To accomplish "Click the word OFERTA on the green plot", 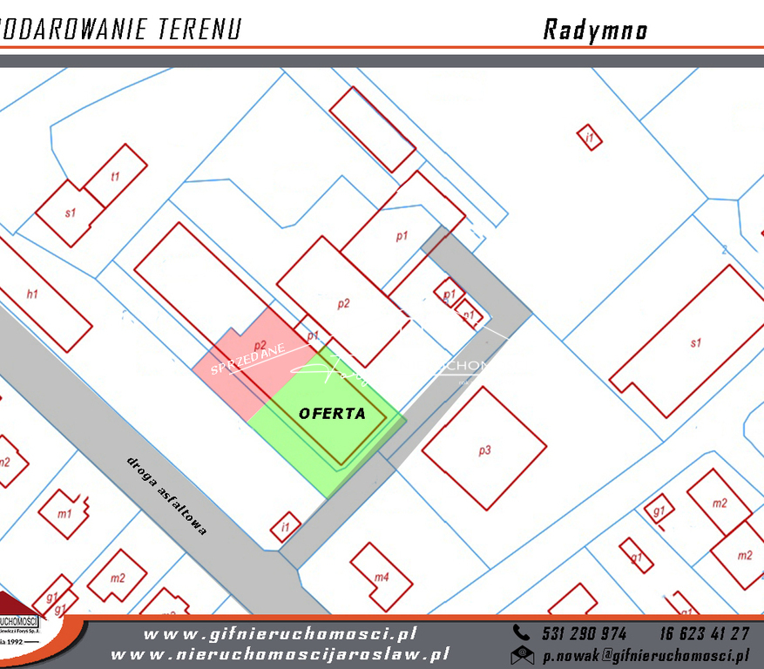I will pos(332,414).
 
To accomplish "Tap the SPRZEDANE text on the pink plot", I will pos(249,357).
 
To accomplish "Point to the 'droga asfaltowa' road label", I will pos(166,495).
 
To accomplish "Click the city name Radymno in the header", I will pos(595,30).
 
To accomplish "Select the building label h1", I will pos(32,294).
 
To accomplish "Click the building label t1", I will pos(114,177).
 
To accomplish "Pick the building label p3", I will pos(484,450).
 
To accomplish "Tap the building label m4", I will pos(382,577).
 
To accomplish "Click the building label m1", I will pos(64,514).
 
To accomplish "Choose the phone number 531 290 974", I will pos(584,633).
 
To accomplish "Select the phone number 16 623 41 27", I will pos(704,633).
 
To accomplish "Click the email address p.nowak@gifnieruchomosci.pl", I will pos(645,655).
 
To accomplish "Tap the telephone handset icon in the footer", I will pos(522,633).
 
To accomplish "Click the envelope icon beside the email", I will pos(523,655).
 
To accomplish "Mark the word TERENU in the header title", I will pos(199,30).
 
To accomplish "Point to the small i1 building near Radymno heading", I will pos(590,138).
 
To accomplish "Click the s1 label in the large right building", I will pos(695,343).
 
